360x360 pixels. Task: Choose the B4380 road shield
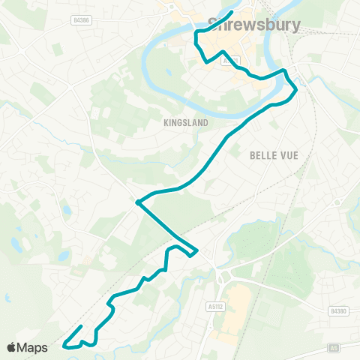[x=334, y=310]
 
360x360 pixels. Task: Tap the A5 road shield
[x=334, y=348]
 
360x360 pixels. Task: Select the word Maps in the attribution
[x=33, y=347]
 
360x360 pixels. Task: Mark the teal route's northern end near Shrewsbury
[x=232, y=12]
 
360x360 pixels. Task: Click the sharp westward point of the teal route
[x=137, y=202]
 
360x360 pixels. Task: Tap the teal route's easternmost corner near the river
[x=296, y=89]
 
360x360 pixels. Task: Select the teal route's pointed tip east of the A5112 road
[x=196, y=251]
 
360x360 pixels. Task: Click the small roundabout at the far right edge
[x=338, y=202]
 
